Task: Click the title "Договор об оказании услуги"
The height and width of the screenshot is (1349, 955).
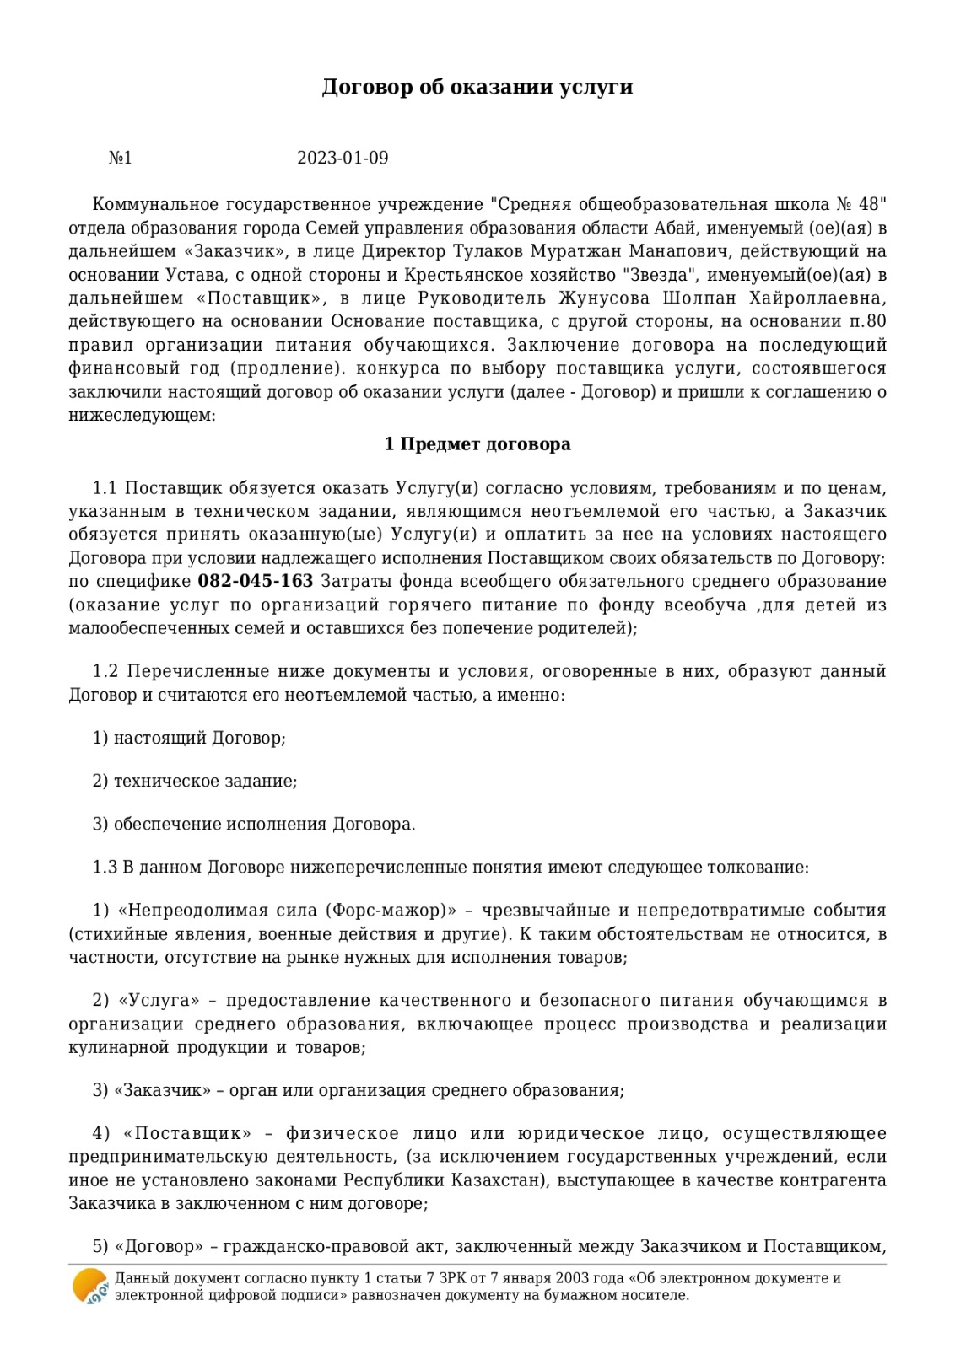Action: pyautogui.click(x=477, y=88)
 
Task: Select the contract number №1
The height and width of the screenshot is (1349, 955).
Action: pyautogui.click(x=121, y=159)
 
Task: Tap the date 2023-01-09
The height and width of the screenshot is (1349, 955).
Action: pyautogui.click(x=343, y=159)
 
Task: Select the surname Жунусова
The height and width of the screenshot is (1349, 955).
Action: pyautogui.click(x=603, y=298)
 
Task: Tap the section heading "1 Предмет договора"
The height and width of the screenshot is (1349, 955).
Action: pyautogui.click(x=477, y=444)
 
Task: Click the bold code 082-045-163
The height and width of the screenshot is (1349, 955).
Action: pyautogui.click(x=255, y=581)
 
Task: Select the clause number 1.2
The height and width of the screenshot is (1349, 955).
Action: pyautogui.click(x=105, y=671)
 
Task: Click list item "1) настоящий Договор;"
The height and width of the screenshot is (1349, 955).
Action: pyautogui.click(x=189, y=738)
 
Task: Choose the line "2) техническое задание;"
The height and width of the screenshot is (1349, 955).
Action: pyautogui.click(x=195, y=781)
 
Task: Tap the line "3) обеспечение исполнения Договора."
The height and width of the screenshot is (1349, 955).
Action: pyautogui.click(x=254, y=824)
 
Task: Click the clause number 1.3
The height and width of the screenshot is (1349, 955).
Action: pyautogui.click(x=105, y=867)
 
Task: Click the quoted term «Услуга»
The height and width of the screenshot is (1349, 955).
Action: pyautogui.click(x=159, y=1001)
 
